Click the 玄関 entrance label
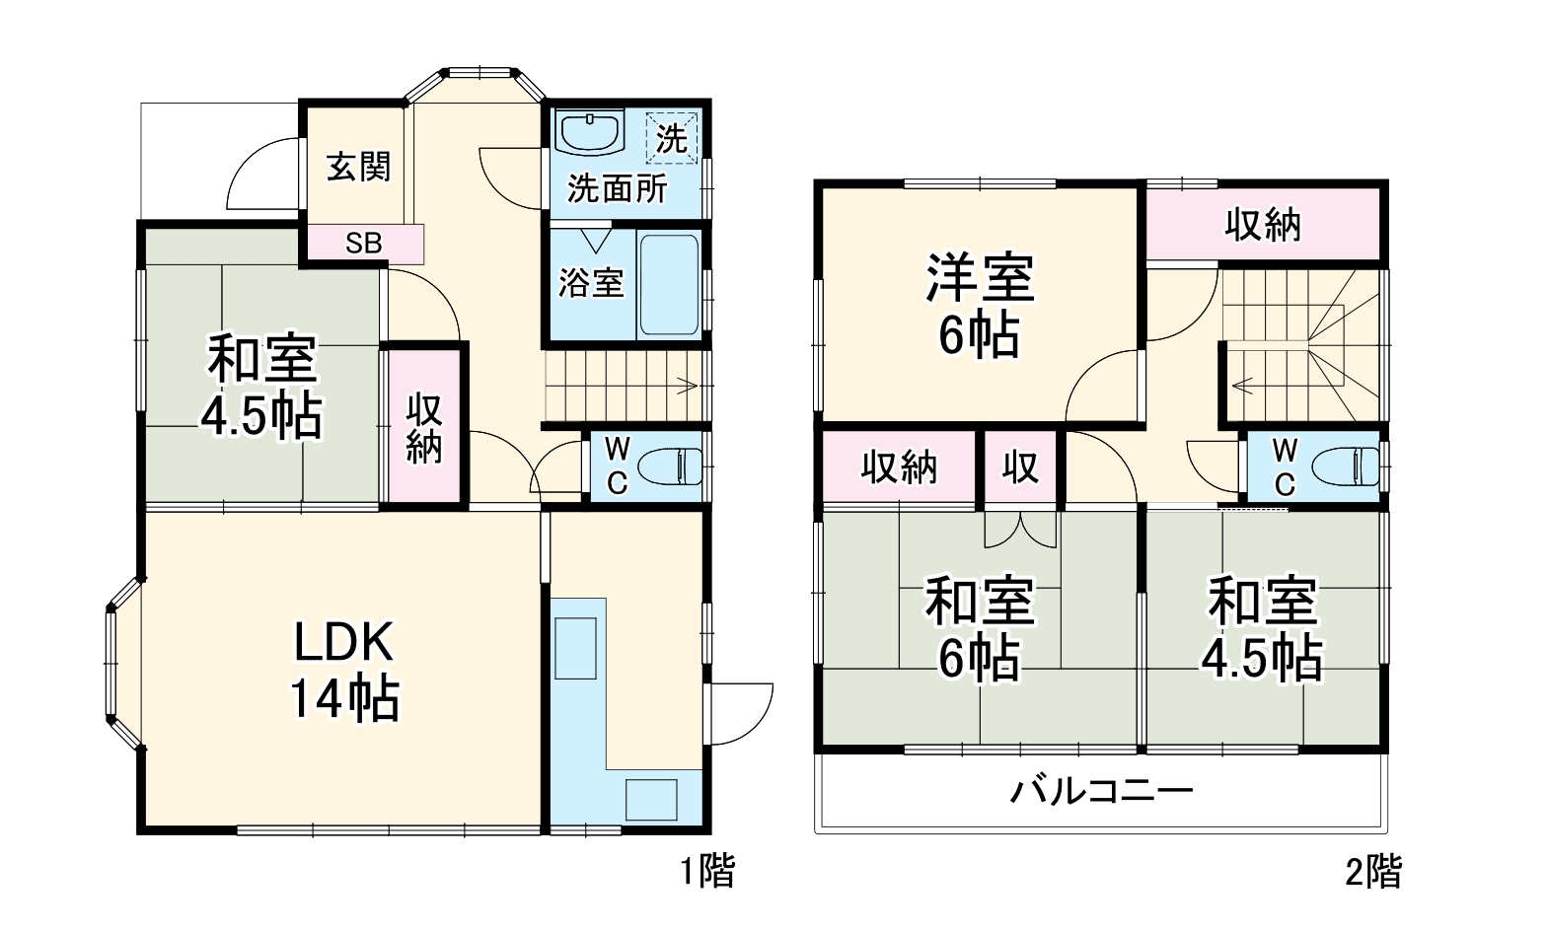coord(358,167)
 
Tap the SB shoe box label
coord(363,243)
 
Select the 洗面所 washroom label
coord(617,188)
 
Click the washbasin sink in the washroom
coord(590,132)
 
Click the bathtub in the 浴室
coord(670,284)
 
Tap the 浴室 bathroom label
coord(591,283)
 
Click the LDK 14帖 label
coord(343,671)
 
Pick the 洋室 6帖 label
coord(979,306)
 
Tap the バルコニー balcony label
coord(1101,791)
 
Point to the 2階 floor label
coord(1373,871)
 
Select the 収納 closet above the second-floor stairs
coord(1263,225)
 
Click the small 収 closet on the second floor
coord(1020,466)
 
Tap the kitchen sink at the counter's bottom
coord(651,799)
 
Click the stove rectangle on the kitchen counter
coord(575,648)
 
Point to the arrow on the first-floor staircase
coord(686,386)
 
